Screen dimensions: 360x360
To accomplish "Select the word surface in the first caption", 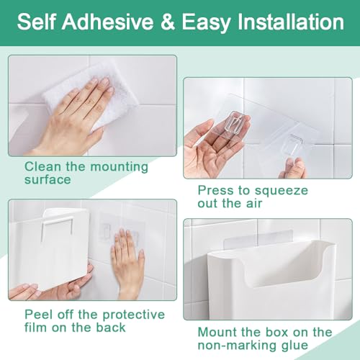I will click(x=48, y=179).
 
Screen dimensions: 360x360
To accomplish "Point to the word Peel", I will click(x=40, y=315).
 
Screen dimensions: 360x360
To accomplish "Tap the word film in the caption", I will click(x=36, y=327).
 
